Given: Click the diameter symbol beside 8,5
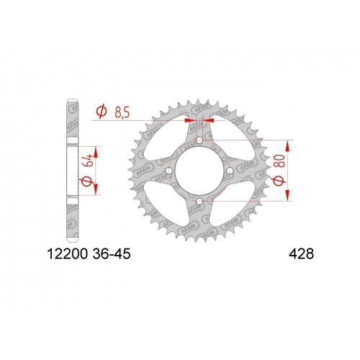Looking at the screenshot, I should coord(102,112).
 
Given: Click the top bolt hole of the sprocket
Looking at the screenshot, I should coord(199,140).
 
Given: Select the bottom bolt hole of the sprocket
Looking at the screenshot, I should coord(199,201).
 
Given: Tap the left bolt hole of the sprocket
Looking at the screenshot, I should coord(169,171).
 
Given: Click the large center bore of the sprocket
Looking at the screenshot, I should coord(199,171).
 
